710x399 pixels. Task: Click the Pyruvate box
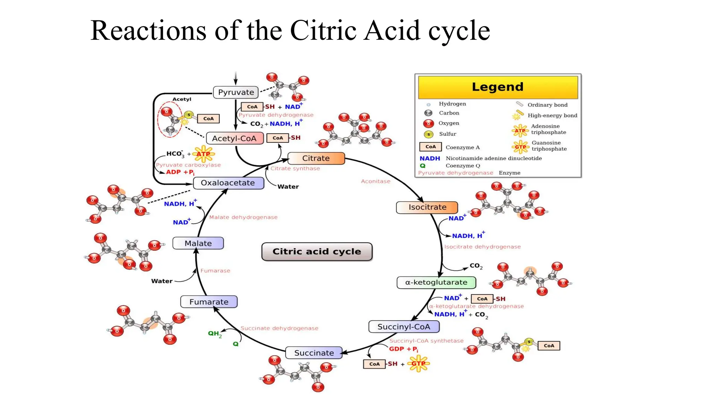(x=236, y=92)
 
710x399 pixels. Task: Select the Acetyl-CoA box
(x=234, y=139)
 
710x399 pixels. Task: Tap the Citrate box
(x=316, y=158)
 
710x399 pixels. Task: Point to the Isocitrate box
(x=427, y=207)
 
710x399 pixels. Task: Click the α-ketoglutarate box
(x=436, y=282)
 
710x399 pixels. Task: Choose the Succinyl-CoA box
(x=404, y=327)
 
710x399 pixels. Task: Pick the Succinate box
(x=314, y=353)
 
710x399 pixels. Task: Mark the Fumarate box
(x=209, y=302)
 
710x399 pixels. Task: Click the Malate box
(x=198, y=243)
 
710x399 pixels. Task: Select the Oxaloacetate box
(x=228, y=183)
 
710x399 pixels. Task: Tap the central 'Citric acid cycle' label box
(x=317, y=251)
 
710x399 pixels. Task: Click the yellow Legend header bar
(x=498, y=87)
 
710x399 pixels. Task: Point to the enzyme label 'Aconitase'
(x=375, y=181)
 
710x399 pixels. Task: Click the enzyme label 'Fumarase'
(x=215, y=271)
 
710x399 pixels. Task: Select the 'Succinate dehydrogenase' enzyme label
(x=279, y=328)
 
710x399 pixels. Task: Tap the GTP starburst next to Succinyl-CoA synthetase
(x=418, y=364)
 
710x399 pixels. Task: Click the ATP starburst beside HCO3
(x=204, y=154)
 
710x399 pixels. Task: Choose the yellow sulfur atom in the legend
(x=428, y=134)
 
